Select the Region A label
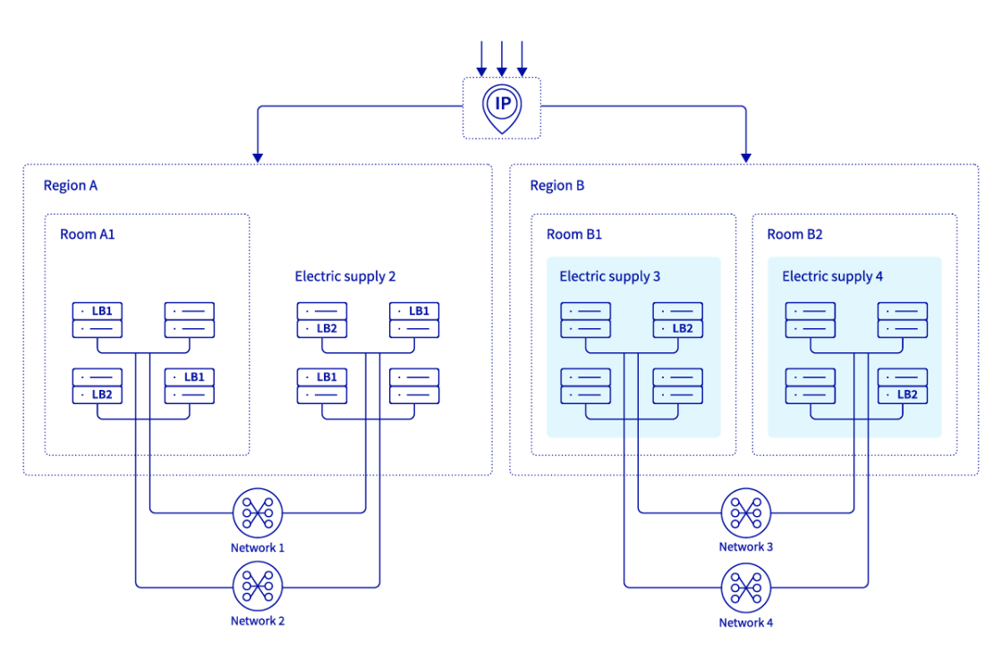click(x=71, y=186)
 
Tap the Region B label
click(x=556, y=186)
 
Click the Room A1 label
click(x=87, y=234)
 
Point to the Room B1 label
click(x=573, y=234)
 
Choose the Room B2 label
click(x=794, y=234)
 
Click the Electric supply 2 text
click(x=344, y=277)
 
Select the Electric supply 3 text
click(x=609, y=277)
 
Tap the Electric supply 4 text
click(x=832, y=277)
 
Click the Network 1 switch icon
click(x=258, y=513)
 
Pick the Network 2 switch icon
click(x=258, y=587)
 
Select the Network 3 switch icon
click(x=746, y=513)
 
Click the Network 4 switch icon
click(x=746, y=587)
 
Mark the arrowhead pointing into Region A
click(x=258, y=157)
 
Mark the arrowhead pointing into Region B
click(x=745, y=157)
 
